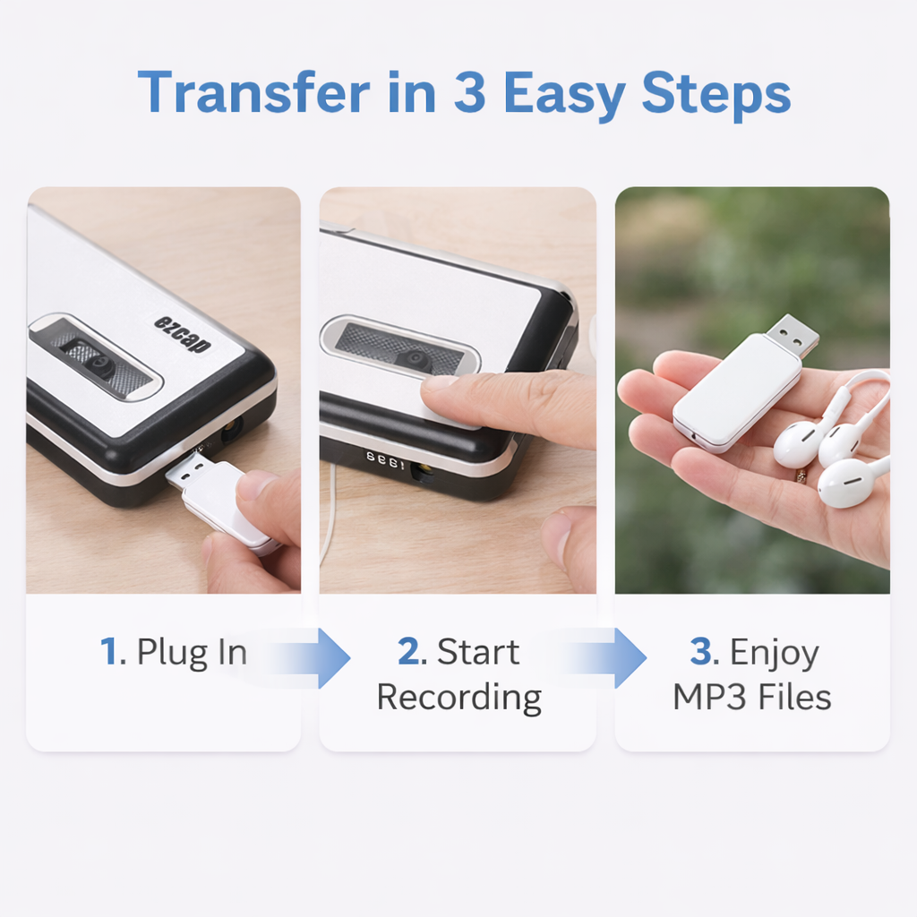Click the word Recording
[x=458, y=697]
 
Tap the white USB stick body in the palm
[x=736, y=392]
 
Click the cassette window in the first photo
[x=95, y=358]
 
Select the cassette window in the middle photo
[x=400, y=346]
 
